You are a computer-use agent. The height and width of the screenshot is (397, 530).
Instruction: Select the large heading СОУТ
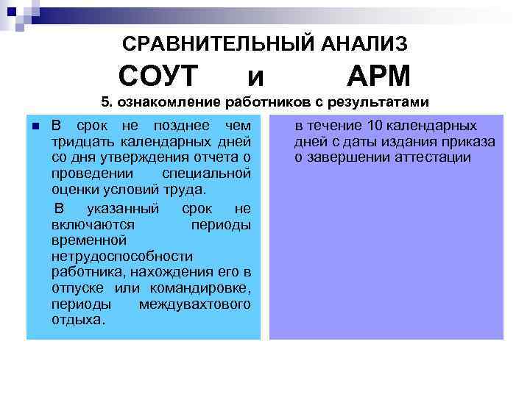159,76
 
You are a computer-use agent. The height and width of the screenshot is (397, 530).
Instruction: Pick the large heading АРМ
378,76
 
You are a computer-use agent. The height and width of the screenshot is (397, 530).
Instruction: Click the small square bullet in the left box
35,126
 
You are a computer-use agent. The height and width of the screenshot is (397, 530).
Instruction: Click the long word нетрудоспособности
121,257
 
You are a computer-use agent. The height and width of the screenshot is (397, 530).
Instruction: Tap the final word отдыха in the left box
77,321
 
